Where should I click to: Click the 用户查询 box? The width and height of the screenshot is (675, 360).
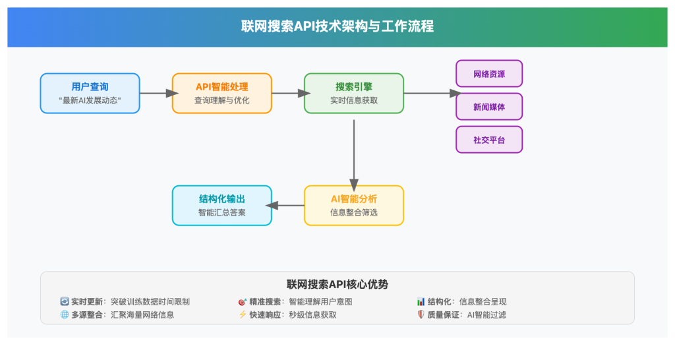[90, 93]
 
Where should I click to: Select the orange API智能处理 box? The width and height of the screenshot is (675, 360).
[221, 93]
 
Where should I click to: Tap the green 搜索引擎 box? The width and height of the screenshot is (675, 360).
[353, 93]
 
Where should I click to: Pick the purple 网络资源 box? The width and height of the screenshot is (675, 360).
[489, 74]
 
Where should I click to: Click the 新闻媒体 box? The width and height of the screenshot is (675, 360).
[489, 107]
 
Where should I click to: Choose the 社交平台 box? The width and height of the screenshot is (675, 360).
[489, 140]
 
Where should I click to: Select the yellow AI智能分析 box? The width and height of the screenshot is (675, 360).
[353, 206]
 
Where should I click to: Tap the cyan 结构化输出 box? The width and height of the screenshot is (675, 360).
[221, 206]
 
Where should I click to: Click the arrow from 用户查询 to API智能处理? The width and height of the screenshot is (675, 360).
[156, 93]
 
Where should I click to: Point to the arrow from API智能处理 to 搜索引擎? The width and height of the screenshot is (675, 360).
[287, 93]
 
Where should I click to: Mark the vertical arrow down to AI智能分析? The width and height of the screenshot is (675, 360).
[354, 152]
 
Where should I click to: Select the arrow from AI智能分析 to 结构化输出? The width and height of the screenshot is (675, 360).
[288, 206]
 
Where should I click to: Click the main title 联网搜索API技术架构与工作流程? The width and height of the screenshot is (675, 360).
[337, 27]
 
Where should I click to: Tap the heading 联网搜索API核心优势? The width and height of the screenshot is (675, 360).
[337, 284]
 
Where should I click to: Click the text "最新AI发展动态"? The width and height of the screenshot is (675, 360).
[90, 101]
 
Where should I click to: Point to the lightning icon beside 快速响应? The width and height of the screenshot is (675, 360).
[242, 315]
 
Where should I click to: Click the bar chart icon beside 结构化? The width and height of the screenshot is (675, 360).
[421, 302]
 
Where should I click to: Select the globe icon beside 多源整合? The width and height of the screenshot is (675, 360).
[64, 315]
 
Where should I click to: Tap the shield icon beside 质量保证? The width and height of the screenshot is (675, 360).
[421, 315]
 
